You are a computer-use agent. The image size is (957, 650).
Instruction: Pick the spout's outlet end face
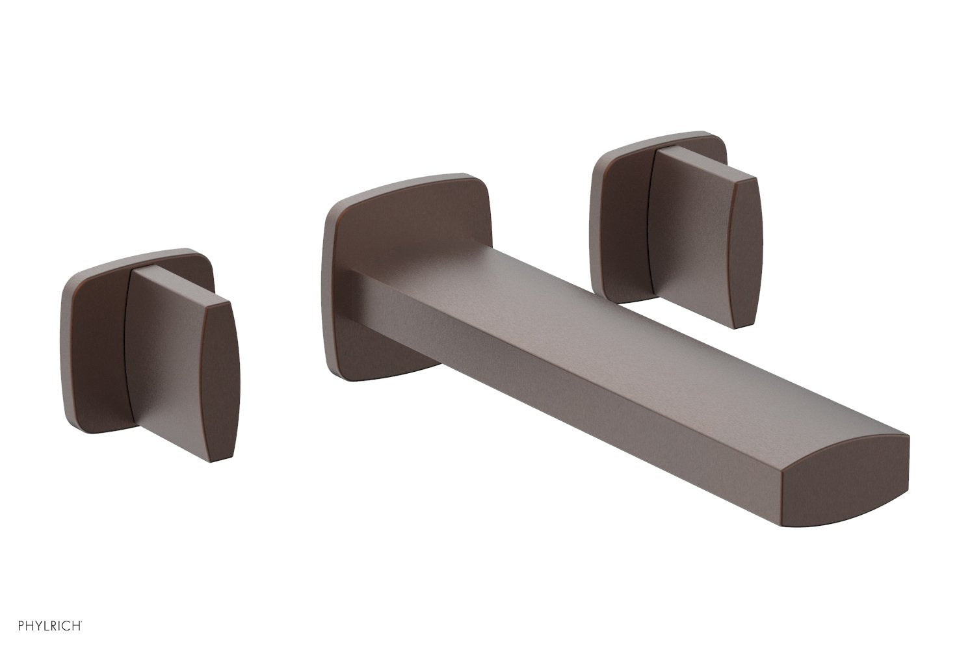pos(845,478)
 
